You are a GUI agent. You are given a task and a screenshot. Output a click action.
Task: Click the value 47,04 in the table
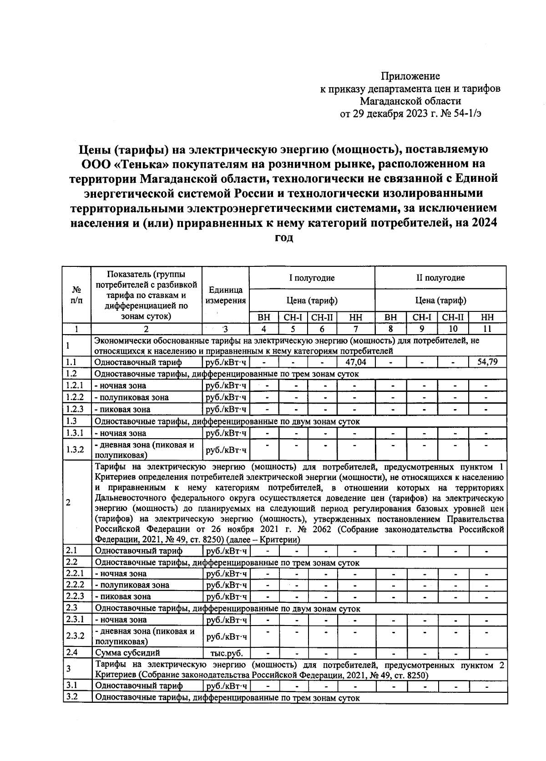coord(355,362)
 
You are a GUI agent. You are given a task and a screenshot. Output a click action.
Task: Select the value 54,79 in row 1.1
coord(487,362)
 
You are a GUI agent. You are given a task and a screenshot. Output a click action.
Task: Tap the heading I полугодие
coord(312,278)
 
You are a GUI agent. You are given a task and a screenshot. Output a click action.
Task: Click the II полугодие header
coord(440,278)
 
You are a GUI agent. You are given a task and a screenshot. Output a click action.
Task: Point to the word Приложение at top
coord(410,76)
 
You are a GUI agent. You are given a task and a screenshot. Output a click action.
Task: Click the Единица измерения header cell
coord(226,295)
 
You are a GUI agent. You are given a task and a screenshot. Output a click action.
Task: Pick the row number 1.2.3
coord(76,409)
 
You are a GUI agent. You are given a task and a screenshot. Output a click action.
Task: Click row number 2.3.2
coord(76,636)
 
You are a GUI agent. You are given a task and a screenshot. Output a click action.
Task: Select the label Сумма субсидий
coord(127,653)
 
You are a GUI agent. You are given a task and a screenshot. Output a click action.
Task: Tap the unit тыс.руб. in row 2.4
coord(226,653)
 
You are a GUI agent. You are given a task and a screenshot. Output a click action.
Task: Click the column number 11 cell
coord(487,329)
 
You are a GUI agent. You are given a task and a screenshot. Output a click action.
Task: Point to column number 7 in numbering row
coord(355,329)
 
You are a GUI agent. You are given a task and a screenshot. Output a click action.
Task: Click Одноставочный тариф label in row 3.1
coord(139,686)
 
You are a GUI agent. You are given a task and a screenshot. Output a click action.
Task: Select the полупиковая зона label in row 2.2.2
coord(132,585)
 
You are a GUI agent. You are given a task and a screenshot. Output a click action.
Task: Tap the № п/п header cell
coord(77,295)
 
